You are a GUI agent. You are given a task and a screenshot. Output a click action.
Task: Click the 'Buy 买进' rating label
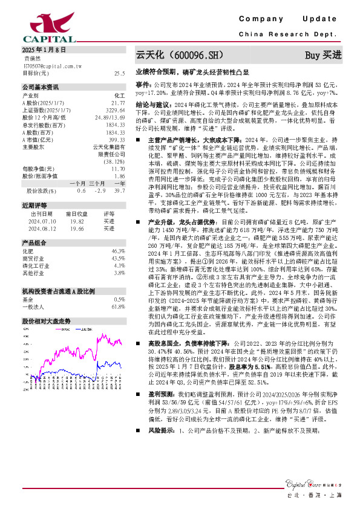[x=323, y=55]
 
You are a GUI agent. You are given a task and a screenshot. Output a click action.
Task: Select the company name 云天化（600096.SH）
[x=175, y=55]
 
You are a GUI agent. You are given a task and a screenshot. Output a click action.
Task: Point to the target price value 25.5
[x=119, y=73]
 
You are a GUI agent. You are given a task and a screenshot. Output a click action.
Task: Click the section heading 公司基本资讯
[x=41, y=86]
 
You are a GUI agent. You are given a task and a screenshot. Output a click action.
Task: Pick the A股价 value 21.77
[x=118, y=103]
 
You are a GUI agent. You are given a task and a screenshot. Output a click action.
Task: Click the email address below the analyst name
[x=52, y=65]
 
